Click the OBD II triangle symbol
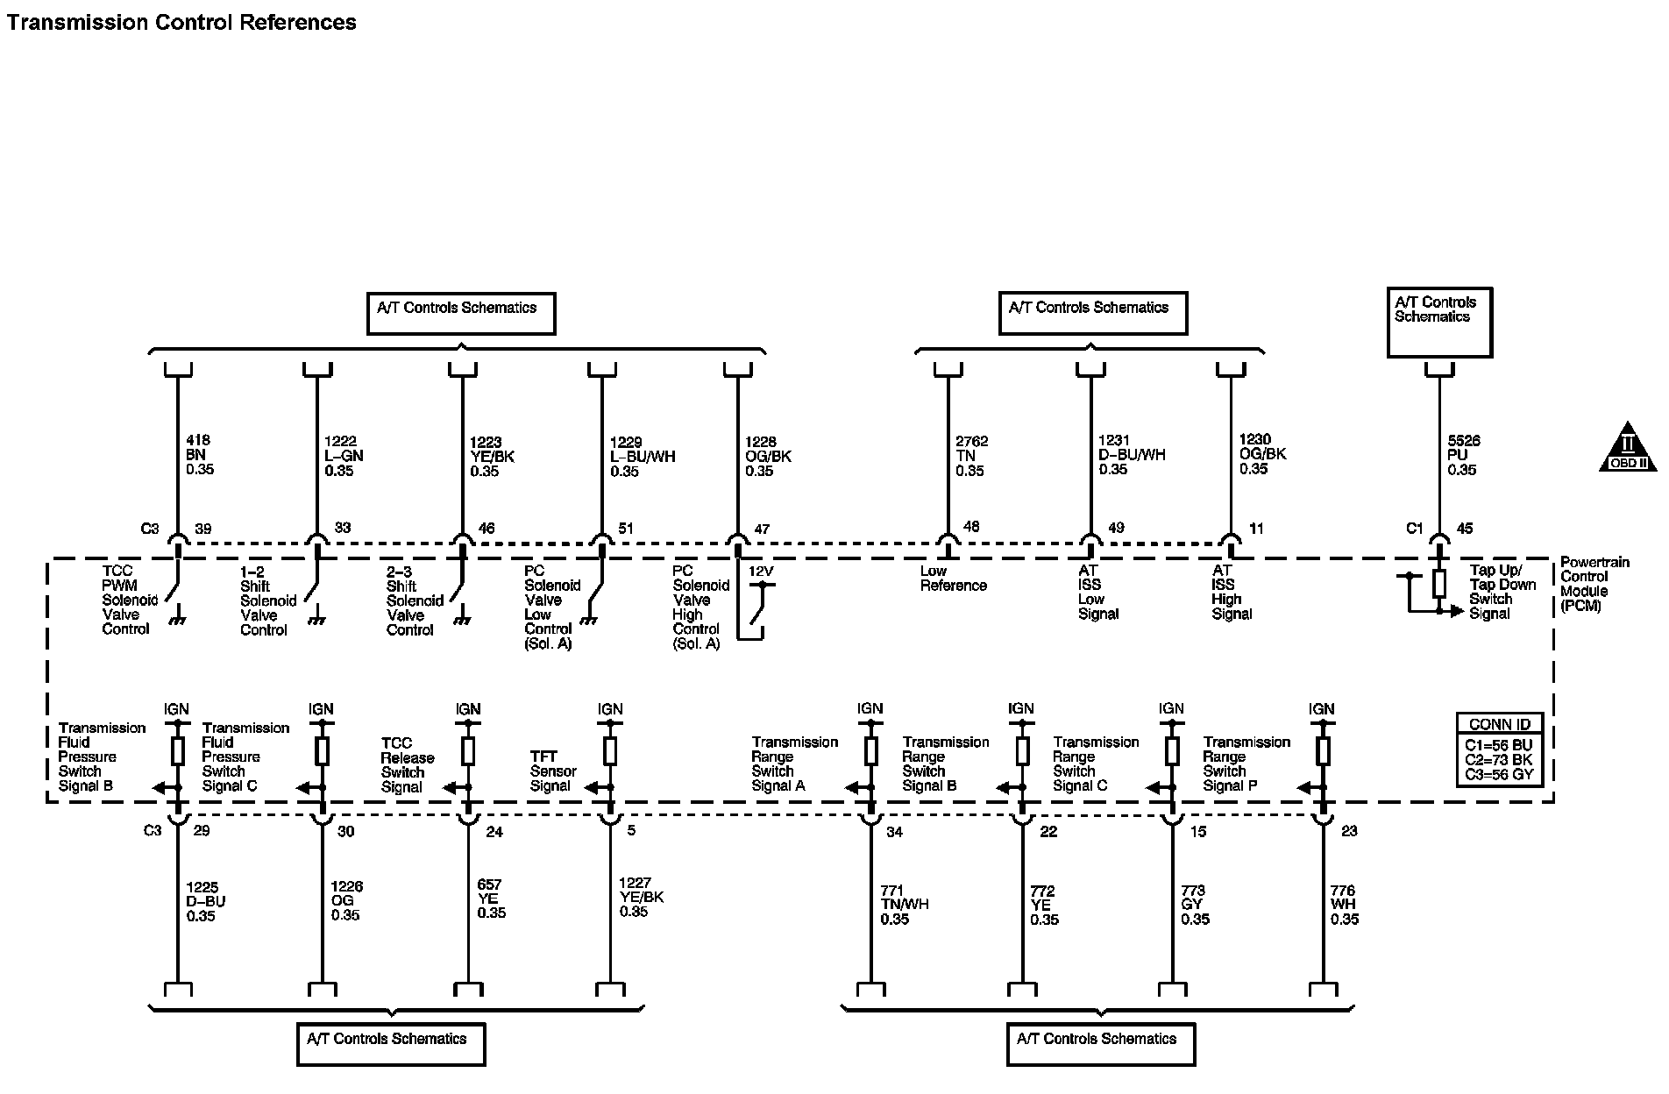click(1628, 448)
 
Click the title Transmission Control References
click(181, 23)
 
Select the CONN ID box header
click(1499, 724)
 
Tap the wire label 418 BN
click(199, 454)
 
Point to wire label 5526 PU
click(1463, 455)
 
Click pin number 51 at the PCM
click(625, 529)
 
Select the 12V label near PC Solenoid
click(760, 572)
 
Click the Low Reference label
click(953, 579)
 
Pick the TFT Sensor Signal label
click(553, 771)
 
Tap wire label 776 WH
click(1344, 905)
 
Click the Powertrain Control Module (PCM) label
click(1594, 584)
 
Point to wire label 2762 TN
click(971, 456)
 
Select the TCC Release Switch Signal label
click(407, 765)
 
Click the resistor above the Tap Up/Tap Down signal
click(1438, 584)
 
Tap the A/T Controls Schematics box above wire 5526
click(1438, 322)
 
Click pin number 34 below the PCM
click(894, 832)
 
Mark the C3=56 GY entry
click(1498, 775)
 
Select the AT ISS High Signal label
click(1231, 592)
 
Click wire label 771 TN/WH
click(904, 905)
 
